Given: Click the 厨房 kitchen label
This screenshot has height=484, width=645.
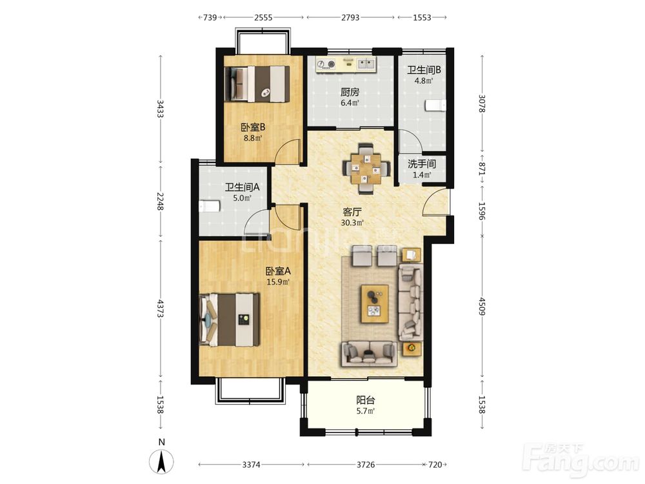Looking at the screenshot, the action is pyautogui.click(x=350, y=92).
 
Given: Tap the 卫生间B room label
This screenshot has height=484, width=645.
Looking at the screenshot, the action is pyautogui.click(x=424, y=70).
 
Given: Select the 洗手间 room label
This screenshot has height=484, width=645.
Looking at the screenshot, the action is pyautogui.click(x=422, y=164).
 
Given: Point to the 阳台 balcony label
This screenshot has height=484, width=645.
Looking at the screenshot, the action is pyautogui.click(x=365, y=399).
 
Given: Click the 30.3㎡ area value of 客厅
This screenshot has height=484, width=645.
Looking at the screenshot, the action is pyautogui.click(x=352, y=223).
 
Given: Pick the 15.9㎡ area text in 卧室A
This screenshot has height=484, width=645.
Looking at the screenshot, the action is pyautogui.click(x=278, y=282).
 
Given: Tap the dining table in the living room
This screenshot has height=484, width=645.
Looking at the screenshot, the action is pyautogui.click(x=366, y=168).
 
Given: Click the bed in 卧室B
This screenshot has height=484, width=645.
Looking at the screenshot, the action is pyautogui.click(x=258, y=84).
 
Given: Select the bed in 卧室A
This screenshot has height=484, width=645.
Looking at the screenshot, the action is pyautogui.click(x=230, y=319).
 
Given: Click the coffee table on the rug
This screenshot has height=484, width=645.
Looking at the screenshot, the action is pyautogui.click(x=375, y=304).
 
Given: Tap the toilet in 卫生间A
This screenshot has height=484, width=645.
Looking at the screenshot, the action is pyautogui.click(x=208, y=207).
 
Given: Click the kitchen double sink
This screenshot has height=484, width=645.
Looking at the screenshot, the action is pyautogui.click(x=366, y=63).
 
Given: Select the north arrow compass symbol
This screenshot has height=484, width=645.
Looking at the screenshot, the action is pyautogui.click(x=162, y=461).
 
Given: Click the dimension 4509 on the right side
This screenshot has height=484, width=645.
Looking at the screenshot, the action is pyautogui.click(x=482, y=307).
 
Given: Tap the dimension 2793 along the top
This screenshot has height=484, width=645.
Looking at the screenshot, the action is pyautogui.click(x=350, y=17).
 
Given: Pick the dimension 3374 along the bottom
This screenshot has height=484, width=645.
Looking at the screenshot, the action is pyautogui.click(x=251, y=465).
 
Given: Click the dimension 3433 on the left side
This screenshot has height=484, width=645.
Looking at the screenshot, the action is pyautogui.click(x=161, y=108).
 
